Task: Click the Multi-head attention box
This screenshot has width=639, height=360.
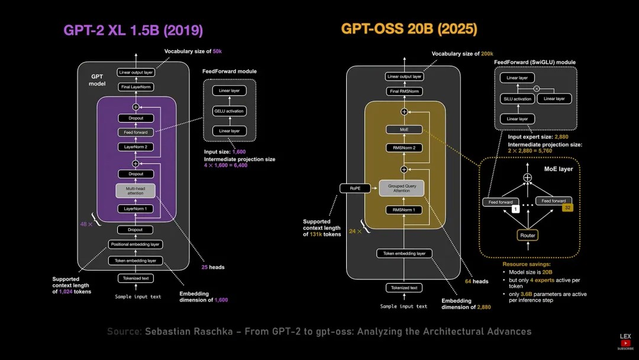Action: [x=135, y=191]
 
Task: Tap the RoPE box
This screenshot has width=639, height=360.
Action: [x=354, y=188]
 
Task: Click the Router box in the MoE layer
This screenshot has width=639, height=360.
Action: [x=527, y=235]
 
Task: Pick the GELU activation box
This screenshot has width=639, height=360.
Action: [x=228, y=111]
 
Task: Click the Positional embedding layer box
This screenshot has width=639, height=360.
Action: [x=135, y=244]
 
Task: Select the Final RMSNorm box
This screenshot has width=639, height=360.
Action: [x=404, y=91]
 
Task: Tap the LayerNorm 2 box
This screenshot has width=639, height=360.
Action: [x=135, y=146]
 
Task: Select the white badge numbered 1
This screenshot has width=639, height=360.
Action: [x=515, y=209]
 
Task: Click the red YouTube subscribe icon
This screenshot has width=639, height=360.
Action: [x=625, y=343]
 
